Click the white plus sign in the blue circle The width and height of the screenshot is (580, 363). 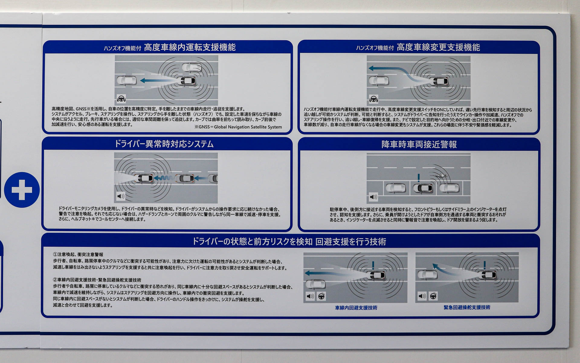pos(22,190)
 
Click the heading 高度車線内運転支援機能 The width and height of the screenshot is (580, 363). pos(190,47)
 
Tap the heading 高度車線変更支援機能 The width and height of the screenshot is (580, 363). pos(438,47)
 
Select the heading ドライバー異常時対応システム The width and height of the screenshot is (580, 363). pos(164,144)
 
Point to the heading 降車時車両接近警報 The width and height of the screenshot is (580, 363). pos(419,145)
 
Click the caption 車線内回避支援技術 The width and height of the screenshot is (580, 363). pos(356,308)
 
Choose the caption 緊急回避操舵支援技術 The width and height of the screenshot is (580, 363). pos(467,307)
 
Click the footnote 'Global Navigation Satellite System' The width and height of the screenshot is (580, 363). pos(248,127)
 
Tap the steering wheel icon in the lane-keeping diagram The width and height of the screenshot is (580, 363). pos(121,99)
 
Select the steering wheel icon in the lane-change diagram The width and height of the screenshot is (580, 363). pos(374,99)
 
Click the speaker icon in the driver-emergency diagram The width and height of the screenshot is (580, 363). pos(121,196)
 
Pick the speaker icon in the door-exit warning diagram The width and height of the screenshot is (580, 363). pos(373,197)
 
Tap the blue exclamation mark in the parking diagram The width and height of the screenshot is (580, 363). pos(419,178)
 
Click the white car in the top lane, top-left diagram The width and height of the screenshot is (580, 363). pos(192,67)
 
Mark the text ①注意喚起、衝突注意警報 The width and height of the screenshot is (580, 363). pos(78,255)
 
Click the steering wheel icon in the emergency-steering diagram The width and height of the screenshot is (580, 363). pos(433,296)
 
